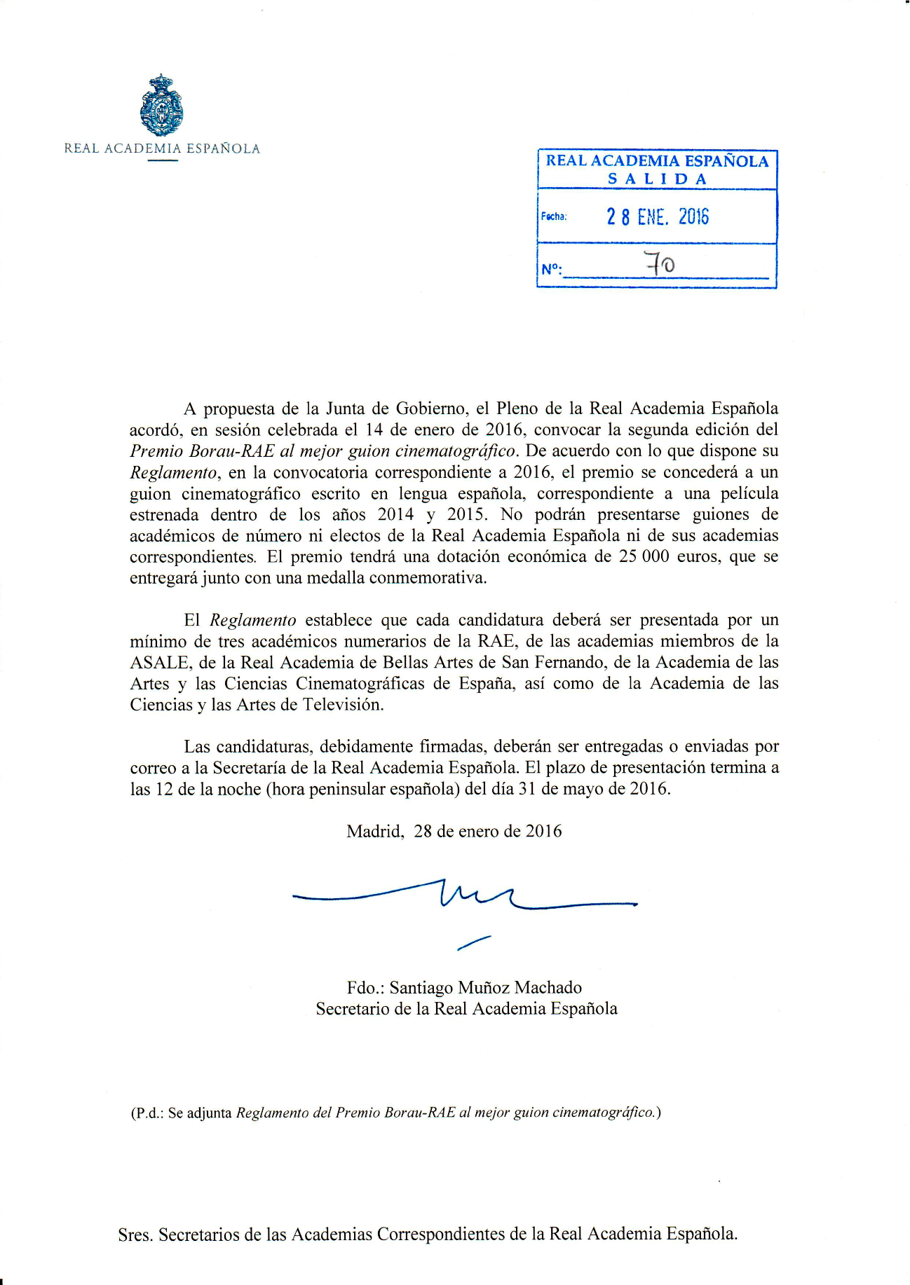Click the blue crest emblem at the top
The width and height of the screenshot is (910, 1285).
point(162,106)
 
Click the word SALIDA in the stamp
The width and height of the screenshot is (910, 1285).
point(657,179)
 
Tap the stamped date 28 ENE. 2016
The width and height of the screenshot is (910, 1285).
point(658,217)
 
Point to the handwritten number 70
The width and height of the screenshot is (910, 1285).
point(660,264)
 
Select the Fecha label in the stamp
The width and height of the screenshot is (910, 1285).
point(553,217)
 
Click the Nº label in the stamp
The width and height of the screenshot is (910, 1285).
point(551,269)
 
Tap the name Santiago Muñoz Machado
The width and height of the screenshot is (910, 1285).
point(485,987)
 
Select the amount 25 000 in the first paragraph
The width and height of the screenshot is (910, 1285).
point(644,557)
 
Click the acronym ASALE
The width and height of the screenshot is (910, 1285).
point(159,662)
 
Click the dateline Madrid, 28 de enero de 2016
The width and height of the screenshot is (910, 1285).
point(454,832)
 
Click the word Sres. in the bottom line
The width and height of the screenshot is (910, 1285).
point(135,1235)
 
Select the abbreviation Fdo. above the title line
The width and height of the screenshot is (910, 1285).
point(365,987)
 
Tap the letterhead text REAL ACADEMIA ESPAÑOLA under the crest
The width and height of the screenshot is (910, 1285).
point(162,149)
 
